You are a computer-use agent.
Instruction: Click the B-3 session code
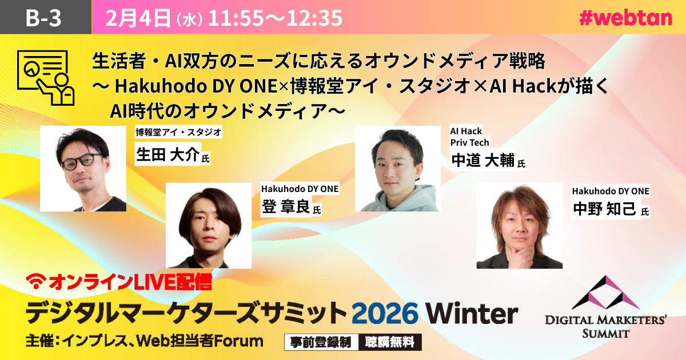click(43, 18)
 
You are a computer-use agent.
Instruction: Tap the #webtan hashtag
click(625, 18)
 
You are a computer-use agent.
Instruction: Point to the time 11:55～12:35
click(275, 18)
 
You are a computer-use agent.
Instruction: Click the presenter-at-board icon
click(46, 78)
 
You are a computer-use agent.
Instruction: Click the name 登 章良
click(286, 206)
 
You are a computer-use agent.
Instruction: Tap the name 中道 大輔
click(483, 160)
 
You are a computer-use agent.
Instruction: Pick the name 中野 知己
click(604, 209)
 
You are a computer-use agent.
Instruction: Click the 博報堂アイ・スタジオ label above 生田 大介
click(178, 132)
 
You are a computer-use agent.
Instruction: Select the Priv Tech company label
click(470, 143)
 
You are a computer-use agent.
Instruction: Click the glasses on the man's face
click(81, 161)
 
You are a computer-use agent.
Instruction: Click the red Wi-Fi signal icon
click(36, 281)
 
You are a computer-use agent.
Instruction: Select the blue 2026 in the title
click(385, 313)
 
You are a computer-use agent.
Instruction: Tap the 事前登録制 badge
click(321, 342)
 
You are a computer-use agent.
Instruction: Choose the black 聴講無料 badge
click(390, 342)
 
